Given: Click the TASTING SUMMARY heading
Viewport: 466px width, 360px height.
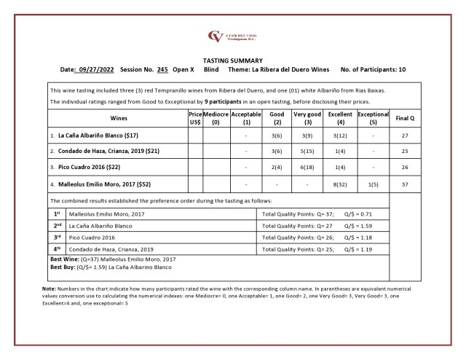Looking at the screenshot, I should click(x=232, y=60).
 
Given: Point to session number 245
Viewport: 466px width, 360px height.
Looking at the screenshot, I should click(x=162, y=69).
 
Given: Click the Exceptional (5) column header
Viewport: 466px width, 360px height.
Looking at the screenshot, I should click(x=373, y=119).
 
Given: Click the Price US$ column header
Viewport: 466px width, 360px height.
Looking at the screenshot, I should click(x=194, y=119).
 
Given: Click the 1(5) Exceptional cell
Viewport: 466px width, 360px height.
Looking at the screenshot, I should click(x=373, y=184).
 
